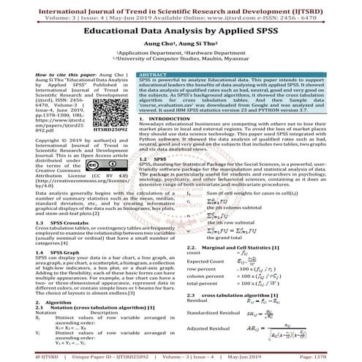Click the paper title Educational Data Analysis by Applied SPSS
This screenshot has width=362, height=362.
181,33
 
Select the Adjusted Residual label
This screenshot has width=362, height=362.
212,331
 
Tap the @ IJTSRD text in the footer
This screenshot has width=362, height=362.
23,358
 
